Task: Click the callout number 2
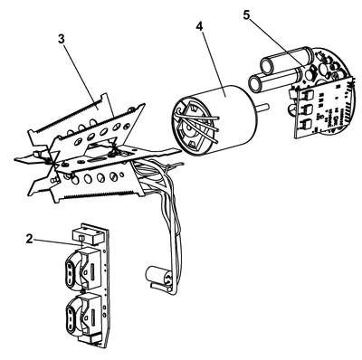point(29,239)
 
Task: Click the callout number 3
point(62,40)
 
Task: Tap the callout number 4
point(200,26)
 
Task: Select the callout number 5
point(247,15)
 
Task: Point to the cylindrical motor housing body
point(224,118)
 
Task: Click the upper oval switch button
point(70,268)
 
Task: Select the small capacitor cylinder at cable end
point(157,275)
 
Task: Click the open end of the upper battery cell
point(268,64)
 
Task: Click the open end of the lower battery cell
point(256,84)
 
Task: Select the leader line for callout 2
point(57,242)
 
